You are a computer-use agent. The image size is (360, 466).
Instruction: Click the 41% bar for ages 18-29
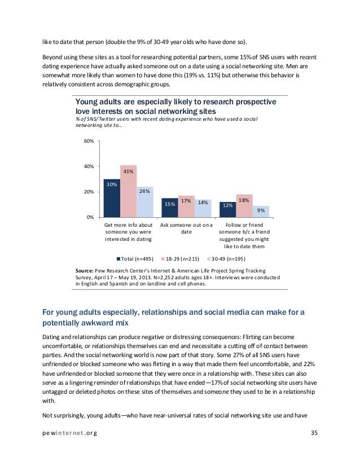(129, 192)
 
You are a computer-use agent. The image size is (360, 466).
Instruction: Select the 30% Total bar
(112, 198)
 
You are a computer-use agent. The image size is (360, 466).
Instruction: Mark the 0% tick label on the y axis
(90, 217)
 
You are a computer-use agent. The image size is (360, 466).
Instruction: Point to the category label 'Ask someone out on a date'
(187, 228)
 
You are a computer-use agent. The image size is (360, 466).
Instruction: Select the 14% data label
(203, 203)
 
